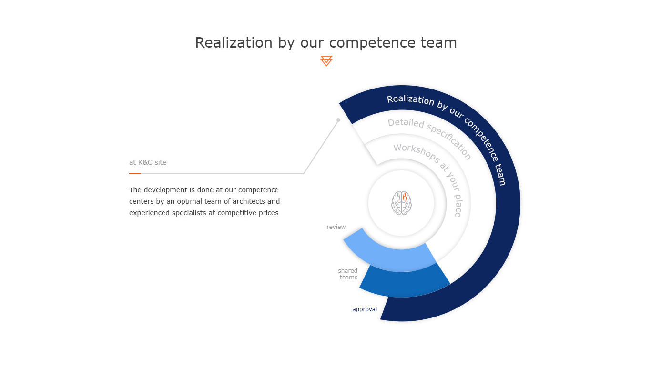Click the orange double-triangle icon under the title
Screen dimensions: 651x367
[x=326, y=61]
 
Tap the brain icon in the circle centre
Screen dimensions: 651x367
[x=401, y=203]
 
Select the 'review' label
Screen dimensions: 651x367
[x=336, y=227]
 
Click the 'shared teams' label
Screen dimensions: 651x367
[x=348, y=274]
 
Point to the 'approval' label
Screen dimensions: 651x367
[x=365, y=309]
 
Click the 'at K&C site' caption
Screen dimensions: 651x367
[x=148, y=162]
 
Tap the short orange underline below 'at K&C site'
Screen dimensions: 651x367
[x=135, y=174]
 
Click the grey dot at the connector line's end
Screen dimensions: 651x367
[x=338, y=120]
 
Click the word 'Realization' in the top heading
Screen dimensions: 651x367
[x=234, y=43]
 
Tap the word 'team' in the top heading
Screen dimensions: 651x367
[x=439, y=43]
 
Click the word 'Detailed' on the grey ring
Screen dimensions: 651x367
[x=406, y=123]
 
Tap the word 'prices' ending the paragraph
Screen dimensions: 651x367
[x=268, y=213]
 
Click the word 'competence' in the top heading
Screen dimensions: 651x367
[x=373, y=43]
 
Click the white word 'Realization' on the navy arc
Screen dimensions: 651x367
[x=410, y=99]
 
